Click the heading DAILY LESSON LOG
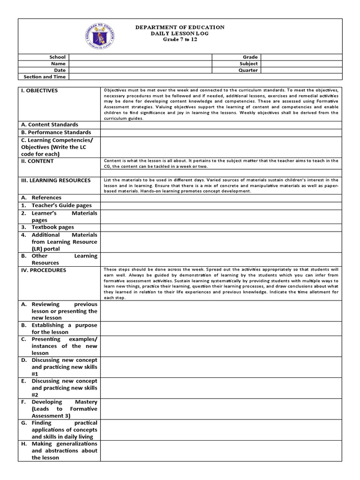pos(180,34)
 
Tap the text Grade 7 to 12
pos(180,40)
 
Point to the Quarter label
pos(248,70)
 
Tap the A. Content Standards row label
pos(49,125)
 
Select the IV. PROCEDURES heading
pos(43,270)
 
